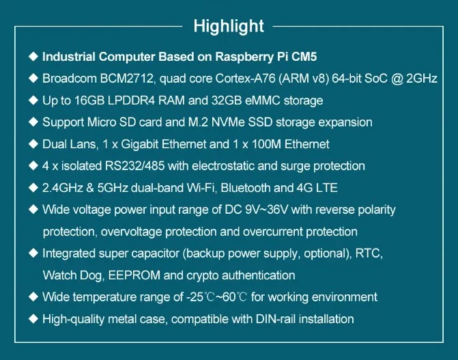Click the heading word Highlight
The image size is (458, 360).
229,27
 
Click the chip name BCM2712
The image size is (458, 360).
127,79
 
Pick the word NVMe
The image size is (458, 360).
228,122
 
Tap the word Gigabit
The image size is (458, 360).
140,144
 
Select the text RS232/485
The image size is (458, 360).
134,166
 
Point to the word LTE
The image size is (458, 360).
327,188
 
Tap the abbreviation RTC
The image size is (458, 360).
369,253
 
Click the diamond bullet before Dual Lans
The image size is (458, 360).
33,144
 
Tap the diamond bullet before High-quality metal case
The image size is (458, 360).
33,318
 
